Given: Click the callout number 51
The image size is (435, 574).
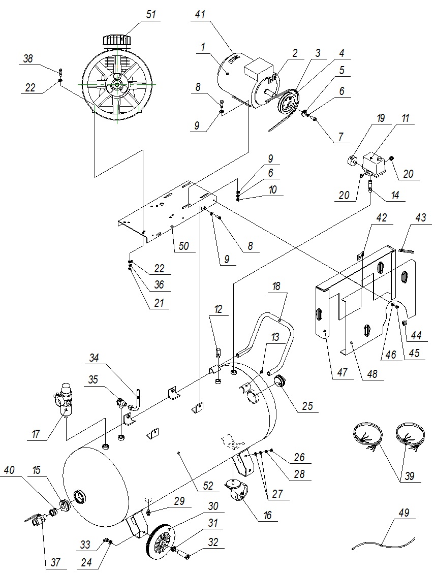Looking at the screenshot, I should [x=150, y=15].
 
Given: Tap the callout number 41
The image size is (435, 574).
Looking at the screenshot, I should [x=200, y=15].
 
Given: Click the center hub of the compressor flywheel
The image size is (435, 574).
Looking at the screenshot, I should [x=117, y=84].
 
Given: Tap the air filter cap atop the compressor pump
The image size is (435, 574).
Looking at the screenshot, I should [x=116, y=40].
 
